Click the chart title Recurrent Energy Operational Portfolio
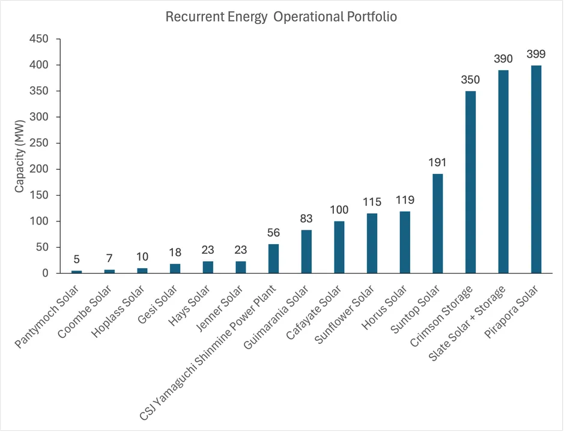coord(281,17)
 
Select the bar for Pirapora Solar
coord(536,169)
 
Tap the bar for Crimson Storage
coord(470,182)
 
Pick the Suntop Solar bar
coord(437,224)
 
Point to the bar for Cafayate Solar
coord(339,247)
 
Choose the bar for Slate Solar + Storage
coord(503,172)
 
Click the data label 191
coord(437,163)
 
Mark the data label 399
coord(536,54)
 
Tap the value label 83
coord(306,218)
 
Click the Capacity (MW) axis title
coord(20,156)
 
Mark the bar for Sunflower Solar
coord(372,243)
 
